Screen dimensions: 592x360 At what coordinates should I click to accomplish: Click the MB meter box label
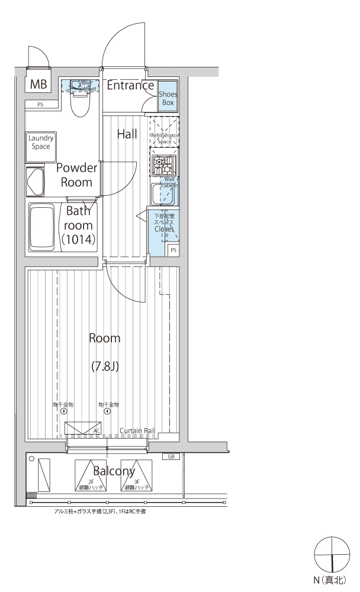click(38, 85)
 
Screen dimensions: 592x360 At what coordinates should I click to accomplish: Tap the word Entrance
click(130, 85)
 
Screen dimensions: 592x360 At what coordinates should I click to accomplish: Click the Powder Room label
click(76, 175)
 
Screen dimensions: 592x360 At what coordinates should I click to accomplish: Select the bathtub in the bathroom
click(41, 226)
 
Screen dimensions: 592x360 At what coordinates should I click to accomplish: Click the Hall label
click(127, 134)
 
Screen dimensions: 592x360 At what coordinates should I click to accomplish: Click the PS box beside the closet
click(173, 250)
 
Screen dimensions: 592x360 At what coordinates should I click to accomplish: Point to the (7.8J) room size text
click(105, 366)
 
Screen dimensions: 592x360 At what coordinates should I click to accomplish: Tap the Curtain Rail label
click(137, 430)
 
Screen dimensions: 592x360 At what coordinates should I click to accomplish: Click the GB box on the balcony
click(171, 456)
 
